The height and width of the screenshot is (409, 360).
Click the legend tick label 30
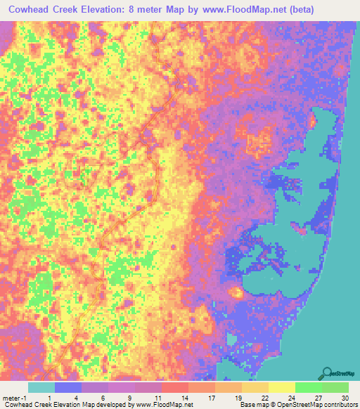(345, 398)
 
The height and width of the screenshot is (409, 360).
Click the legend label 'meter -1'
(13, 398)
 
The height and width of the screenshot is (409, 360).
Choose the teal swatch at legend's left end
(41, 387)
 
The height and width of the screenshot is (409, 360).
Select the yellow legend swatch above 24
(281, 387)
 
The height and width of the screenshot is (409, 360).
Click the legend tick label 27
(318, 398)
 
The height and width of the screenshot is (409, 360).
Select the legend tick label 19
(238, 398)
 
